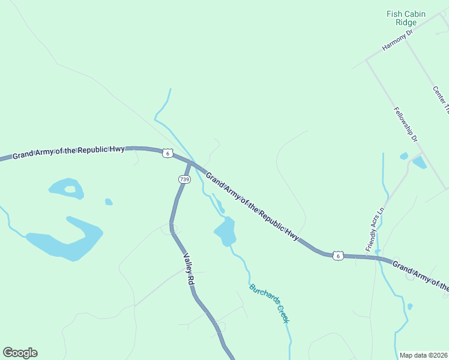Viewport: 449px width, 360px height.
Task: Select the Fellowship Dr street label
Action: coord(406,124)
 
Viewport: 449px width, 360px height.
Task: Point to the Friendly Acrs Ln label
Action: coord(374,230)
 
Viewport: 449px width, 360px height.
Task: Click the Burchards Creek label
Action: coord(270,303)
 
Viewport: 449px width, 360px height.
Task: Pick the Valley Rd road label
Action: coord(190,268)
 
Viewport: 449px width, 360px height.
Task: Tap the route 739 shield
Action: coord(184,179)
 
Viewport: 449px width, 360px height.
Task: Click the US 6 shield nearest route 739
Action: coord(167,154)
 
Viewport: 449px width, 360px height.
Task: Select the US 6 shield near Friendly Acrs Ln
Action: coord(339,256)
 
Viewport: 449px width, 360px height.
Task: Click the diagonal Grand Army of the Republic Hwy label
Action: coord(252,206)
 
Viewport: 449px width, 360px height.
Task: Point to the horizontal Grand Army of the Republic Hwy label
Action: coord(68,152)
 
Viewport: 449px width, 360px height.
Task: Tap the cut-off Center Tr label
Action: coord(440,100)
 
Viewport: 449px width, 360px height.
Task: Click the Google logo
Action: coord(20,353)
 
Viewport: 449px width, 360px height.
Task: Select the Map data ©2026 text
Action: coord(423,355)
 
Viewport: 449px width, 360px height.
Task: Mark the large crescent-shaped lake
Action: coord(66,242)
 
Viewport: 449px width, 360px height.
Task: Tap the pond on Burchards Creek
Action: coord(226,231)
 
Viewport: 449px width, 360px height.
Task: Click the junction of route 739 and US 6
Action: coord(190,163)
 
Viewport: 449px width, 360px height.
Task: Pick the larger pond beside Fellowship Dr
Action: coord(419,162)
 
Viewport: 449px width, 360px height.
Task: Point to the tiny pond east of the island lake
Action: coord(109,202)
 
